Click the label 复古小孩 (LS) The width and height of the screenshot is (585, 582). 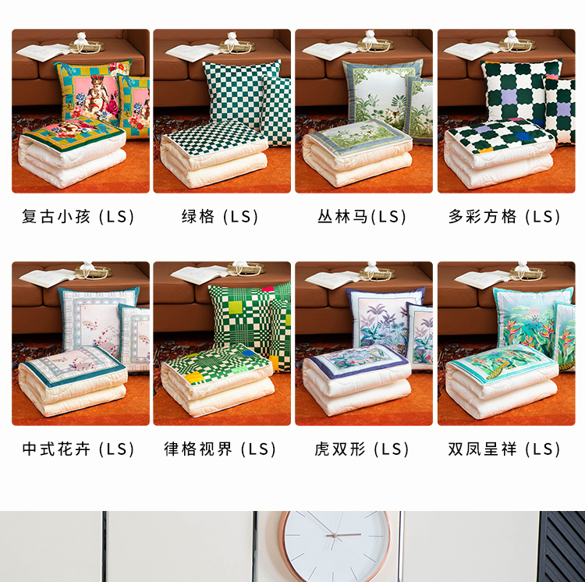[x=78, y=217]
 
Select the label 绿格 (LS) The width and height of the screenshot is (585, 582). [x=220, y=217]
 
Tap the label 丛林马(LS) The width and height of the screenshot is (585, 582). [x=361, y=217]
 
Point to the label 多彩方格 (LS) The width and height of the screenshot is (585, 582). [x=504, y=217]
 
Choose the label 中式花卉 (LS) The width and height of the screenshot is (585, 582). [x=78, y=449]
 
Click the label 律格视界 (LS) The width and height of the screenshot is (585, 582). [x=220, y=449]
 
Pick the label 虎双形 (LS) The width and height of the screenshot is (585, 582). [x=361, y=449]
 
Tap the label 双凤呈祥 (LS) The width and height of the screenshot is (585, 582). [x=504, y=449]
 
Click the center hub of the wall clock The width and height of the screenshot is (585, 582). [x=335, y=536]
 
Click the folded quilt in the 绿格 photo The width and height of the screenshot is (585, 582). [x=214, y=154]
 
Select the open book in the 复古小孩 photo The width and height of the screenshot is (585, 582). [x=43, y=51]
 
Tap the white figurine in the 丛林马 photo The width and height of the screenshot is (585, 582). [x=370, y=37]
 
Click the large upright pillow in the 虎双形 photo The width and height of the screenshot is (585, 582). [x=385, y=318]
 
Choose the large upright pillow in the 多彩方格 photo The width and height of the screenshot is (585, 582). [x=520, y=91]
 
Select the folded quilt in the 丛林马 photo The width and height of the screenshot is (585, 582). [x=357, y=153]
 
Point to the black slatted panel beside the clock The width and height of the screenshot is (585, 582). [x=562, y=547]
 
